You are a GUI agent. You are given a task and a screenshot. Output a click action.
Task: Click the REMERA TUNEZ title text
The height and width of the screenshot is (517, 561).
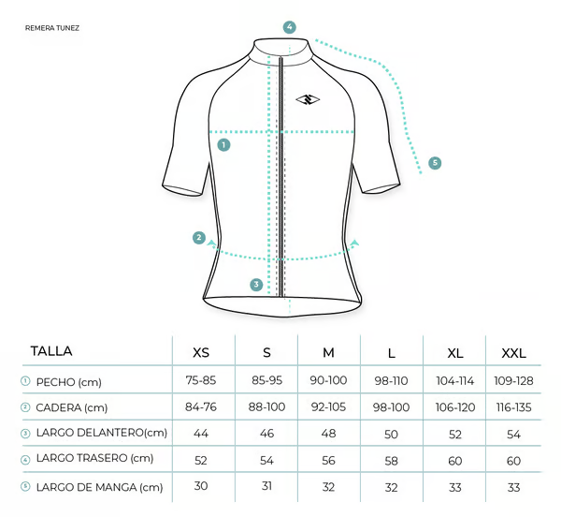pyautogui.click(x=52, y=28)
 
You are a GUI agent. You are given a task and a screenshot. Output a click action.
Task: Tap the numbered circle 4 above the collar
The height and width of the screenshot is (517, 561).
pyautogui.click(x=290, y=27)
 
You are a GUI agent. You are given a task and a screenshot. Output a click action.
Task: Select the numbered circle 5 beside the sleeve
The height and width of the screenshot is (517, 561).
pyautogui.click(x=435, y=163)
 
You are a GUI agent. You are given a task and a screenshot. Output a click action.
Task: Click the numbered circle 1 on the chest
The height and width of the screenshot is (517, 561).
pyautogui.click(x=224, y=145)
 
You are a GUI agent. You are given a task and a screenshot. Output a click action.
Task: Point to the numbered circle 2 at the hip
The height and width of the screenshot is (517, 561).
pyautogui.click(x=199, y=238)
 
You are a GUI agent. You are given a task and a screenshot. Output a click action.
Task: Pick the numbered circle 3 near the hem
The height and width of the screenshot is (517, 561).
pyautogui.click(x=256, y=285)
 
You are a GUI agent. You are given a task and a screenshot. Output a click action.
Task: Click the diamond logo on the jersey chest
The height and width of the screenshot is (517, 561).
pyautogui.click(x=308, y=99)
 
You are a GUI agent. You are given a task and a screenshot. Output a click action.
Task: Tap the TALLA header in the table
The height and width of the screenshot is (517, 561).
pyautogui.click(x=51, y=351)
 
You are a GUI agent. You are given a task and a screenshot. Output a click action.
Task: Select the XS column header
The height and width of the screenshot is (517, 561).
pyautogui.click(x=201, y=353)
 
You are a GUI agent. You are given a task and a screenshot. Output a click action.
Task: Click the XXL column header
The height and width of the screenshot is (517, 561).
pyautogui.click(x=513, y=354)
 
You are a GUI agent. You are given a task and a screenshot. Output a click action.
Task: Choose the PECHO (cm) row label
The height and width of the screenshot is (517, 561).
pyautogui.click(x=68, y=382)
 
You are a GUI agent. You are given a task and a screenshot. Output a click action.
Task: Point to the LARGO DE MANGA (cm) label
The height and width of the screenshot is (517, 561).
pyautogui.click(x=99, y=487)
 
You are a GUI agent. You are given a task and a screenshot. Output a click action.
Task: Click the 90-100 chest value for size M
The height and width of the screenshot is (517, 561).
pyautogui.click(x=328, y=380)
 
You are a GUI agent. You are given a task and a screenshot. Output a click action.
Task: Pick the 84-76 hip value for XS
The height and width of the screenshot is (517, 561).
pyautogui.click(x=201, y=407)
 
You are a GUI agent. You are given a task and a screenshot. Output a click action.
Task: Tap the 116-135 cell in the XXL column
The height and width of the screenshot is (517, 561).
pyautogui.click(x=513, y=407)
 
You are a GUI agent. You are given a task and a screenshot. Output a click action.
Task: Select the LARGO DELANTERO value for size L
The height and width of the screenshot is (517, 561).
pyautogui.click(x=392, y=435)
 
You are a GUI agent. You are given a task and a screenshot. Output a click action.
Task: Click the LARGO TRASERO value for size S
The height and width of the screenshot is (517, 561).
pyautogui.click(x=266, y=461)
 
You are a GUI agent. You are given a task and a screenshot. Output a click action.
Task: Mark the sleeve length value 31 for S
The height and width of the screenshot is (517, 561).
pyautogui.click(x=266, y=486)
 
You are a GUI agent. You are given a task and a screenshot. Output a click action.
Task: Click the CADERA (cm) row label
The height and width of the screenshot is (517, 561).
pyautogui.click(x=72, y=407)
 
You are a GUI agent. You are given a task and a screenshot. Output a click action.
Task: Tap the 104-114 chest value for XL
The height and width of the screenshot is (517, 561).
pyautogui.click(x=455, y=381)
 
